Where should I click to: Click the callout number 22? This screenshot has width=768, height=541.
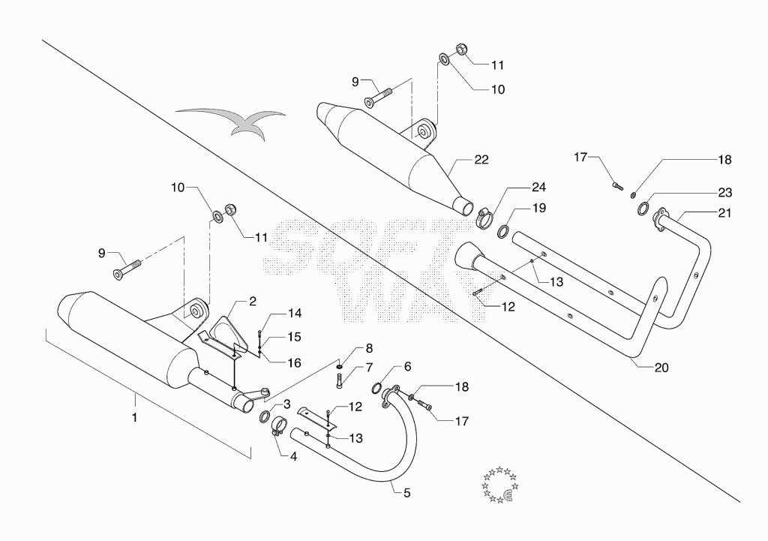(x=481, y=160)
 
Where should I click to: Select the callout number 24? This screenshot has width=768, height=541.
(x=538, y=187)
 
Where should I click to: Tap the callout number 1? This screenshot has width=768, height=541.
(x=135, y=417)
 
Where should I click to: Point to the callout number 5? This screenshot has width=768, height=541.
(x=407, y=493)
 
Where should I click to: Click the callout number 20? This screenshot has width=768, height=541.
(x=661, y=368)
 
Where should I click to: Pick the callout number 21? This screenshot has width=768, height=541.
(x=724, y=213)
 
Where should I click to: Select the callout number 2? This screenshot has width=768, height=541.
(x=253, y=302)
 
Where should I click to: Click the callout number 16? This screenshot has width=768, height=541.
(x=294, y=363)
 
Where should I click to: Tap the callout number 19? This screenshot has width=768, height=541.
(x=538, y=209)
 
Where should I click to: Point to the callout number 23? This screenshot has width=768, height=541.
(x=725, y=193)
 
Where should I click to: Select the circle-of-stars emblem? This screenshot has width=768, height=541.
(x=499, y=485)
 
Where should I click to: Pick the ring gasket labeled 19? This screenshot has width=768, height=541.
(x=502, y=231)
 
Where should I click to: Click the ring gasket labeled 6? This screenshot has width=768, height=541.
(x=376, y=389)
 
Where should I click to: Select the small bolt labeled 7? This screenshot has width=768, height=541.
(x=339, y=381)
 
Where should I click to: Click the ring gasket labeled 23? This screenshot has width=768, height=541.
(x=643, y=209)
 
